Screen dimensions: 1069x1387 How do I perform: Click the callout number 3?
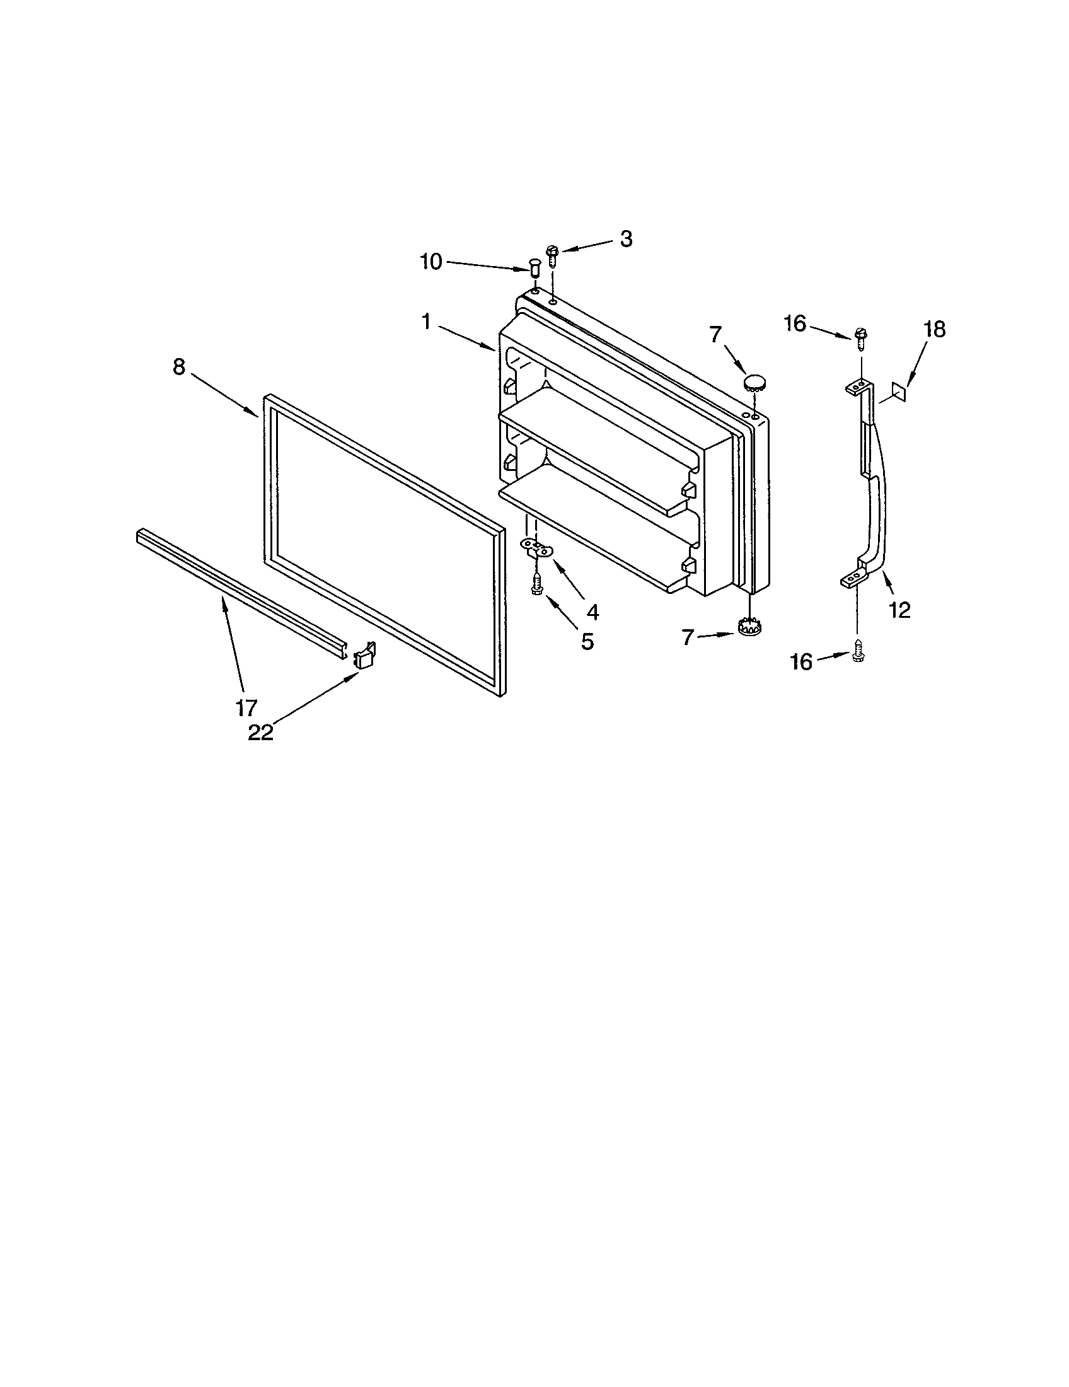(626, 240)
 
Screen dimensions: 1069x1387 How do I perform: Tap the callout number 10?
(431, 262)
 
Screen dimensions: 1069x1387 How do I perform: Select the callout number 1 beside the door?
(426, 323)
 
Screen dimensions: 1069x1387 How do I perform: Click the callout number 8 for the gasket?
(179, 367)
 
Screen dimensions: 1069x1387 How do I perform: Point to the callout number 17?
(246, 707)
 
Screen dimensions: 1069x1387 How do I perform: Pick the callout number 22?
(260, 732)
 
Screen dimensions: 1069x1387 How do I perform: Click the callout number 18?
(934, 330)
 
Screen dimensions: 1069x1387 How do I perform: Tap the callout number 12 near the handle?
(900, 610)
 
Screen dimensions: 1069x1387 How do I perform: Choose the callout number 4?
(592, 612)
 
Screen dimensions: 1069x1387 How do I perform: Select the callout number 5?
(587, 641)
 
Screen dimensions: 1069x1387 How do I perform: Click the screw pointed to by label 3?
(552, 255)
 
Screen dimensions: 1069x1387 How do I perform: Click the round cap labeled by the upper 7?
(753, 382)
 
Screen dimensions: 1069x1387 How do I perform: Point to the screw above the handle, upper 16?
(861, 336)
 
